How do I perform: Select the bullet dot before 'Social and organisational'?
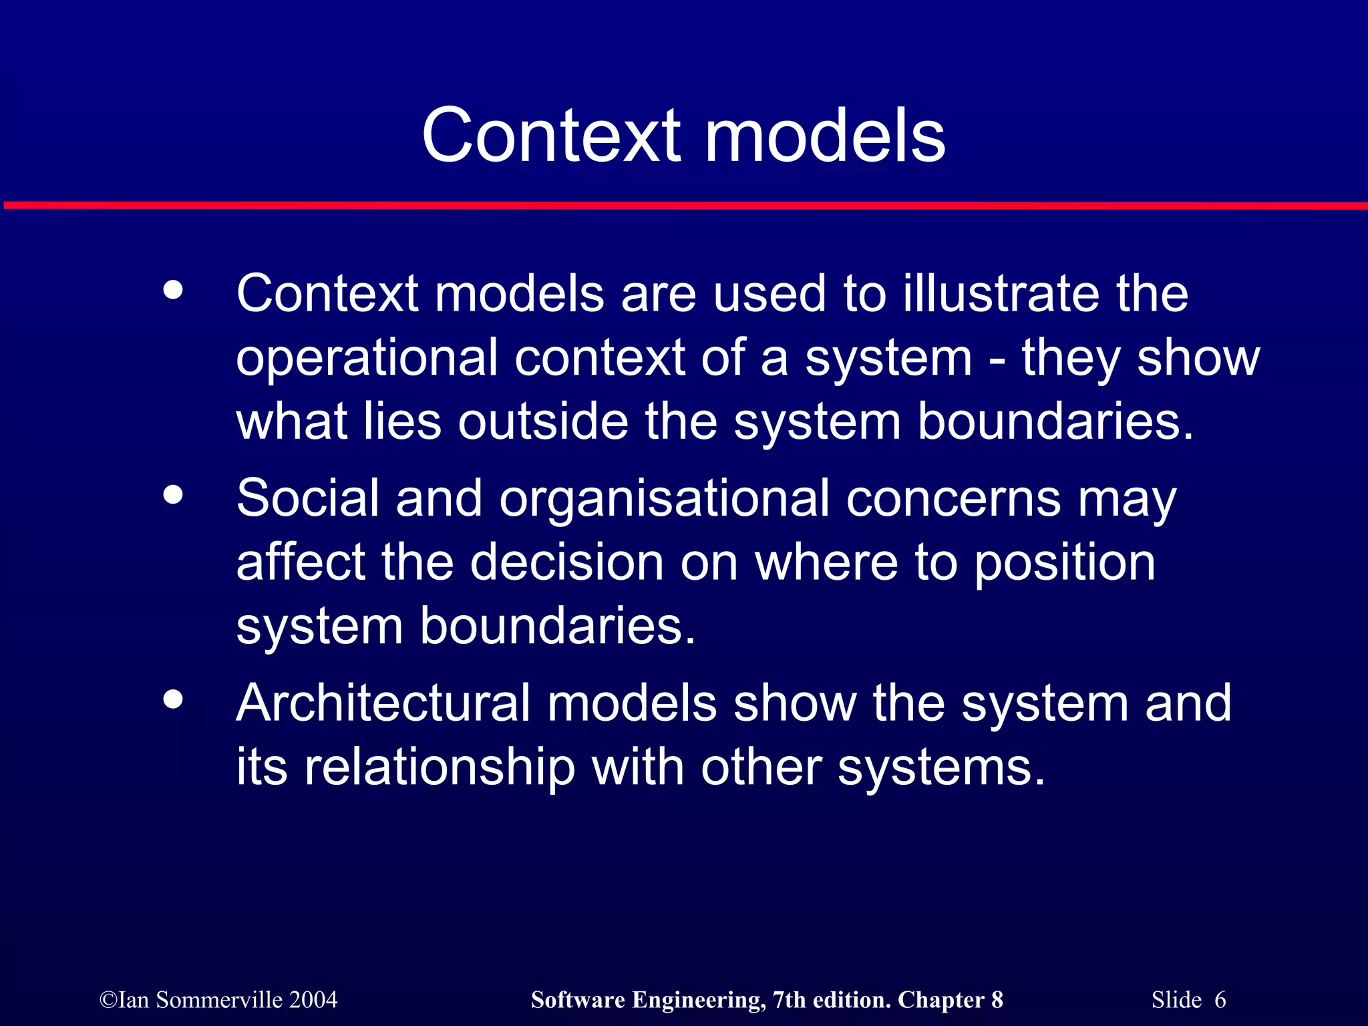(x=173, y=495)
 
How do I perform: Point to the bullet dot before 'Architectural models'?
(x=173, y=699)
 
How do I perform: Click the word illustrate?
(x=1001, y=293)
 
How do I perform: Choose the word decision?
(x=567, y=562)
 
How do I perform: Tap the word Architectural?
(x=383, y=703)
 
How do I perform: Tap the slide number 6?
(x=1220, y=1000)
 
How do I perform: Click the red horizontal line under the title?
(x=684, y=206)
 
